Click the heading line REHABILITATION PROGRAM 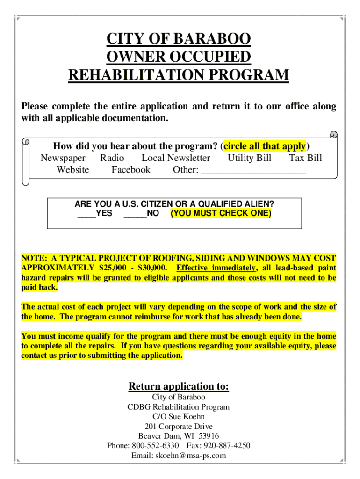click(179, 75)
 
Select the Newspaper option click(63, 158)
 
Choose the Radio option click(112, 158)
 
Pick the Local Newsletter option click(176, 158)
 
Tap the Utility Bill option click(249, 158)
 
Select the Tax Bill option click(305, 158)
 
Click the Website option click(72, 169)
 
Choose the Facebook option click(131, 169)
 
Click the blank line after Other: click(254, 170)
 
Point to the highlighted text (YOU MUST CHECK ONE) click(221, 213)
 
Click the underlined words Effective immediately click(216, 268)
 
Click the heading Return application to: click(179, 386)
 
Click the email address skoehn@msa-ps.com click(191, 455)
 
